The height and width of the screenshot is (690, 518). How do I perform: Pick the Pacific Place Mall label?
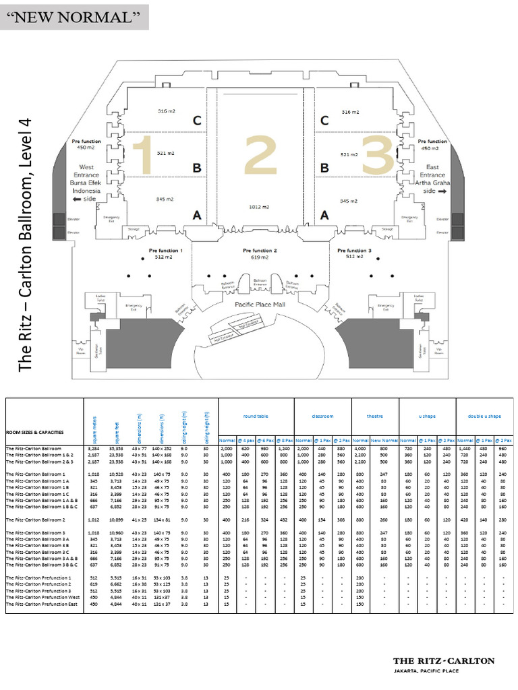pos(260,305)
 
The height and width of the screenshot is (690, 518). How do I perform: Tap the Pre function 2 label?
pos(260,251)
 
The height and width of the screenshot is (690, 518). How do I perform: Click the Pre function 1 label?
pos(165,251)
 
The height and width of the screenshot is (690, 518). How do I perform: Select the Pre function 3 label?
pos(353,251)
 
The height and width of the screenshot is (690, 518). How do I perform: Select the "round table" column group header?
pos(256,416)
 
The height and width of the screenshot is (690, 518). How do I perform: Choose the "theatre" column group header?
pos(374,416)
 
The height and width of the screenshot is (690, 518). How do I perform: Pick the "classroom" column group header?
pos(322,416)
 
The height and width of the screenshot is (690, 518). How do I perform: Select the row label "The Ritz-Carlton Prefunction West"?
pos(42,597)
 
